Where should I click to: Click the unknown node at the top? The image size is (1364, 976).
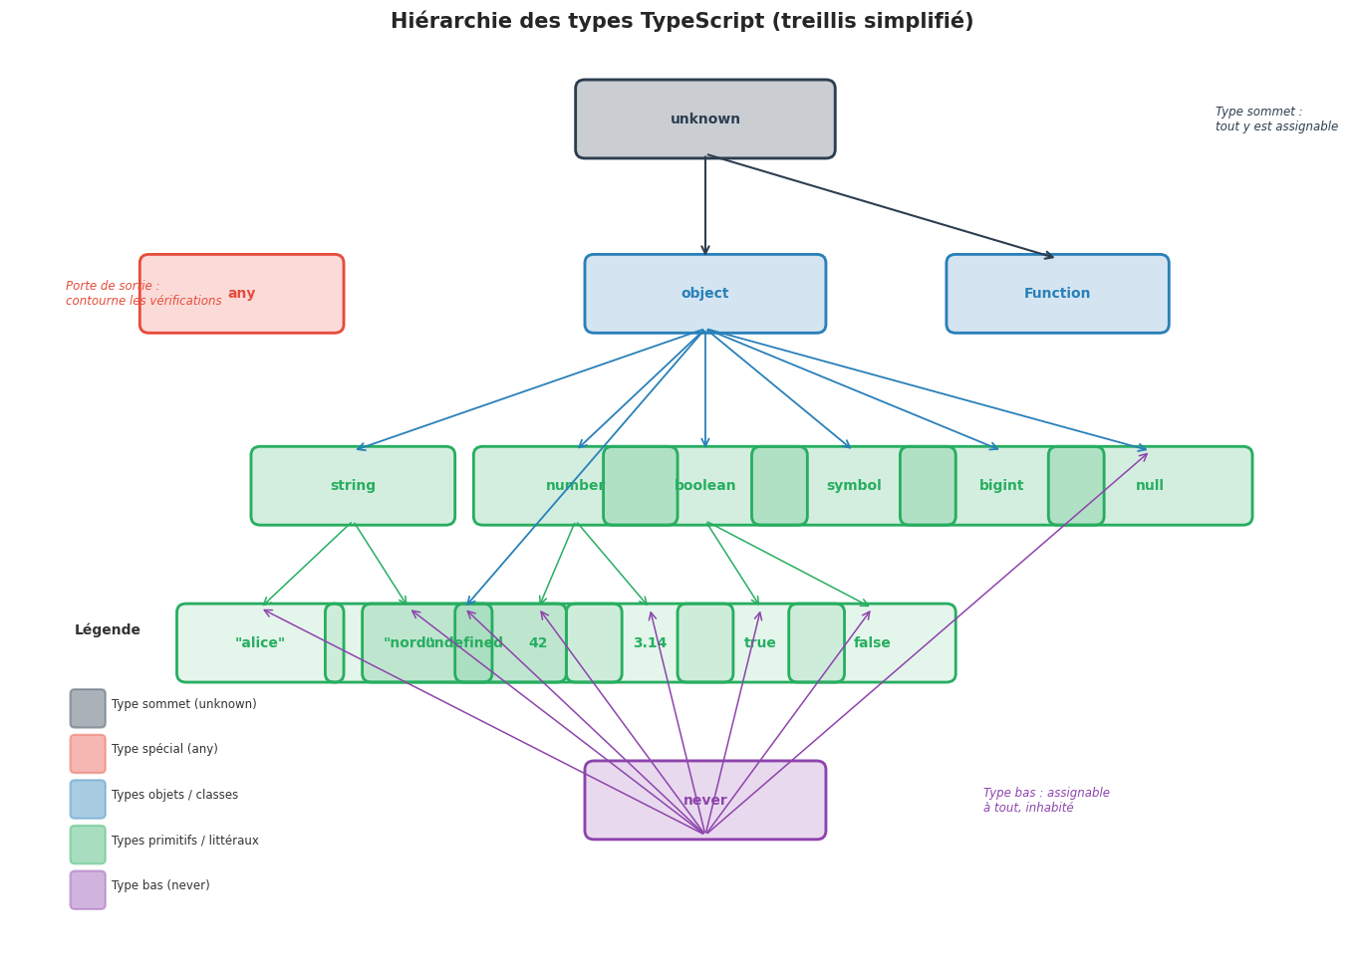704,120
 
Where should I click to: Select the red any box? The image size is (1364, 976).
242,294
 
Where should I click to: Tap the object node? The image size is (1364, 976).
704,294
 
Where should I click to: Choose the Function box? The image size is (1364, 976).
1057,294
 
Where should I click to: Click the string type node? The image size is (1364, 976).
353,486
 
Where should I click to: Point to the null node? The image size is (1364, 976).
1150,486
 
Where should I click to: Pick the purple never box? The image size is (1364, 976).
704,801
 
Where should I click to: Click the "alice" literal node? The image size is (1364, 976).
260,643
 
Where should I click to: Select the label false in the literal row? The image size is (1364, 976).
872,643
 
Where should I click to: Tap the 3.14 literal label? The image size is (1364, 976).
650,643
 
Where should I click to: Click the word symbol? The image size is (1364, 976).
854,486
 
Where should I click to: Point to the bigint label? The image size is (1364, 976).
1001,486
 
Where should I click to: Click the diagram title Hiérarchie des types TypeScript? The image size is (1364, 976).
682,22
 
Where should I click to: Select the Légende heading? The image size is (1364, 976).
108,630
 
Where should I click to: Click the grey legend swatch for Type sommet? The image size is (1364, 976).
88,708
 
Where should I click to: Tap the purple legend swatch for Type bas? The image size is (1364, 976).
88,890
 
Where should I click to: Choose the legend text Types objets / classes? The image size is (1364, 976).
174,796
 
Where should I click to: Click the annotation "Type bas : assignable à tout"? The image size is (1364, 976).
1046,801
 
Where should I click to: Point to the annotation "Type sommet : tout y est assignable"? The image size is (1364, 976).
1275,120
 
